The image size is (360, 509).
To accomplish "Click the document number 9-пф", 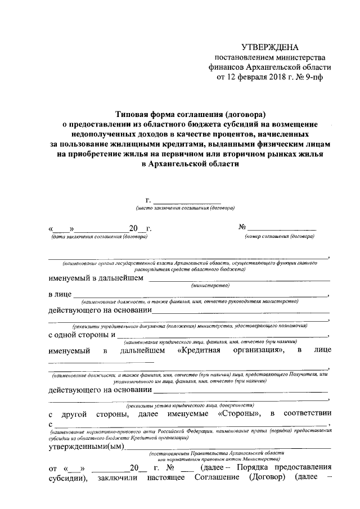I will click(x=313, y=77).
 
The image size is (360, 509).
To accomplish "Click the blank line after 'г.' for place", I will click(x=187, y=201).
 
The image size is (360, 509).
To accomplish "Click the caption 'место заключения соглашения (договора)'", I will click(x=181, y=209).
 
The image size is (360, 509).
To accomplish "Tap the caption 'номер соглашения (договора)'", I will click(x=279, y=237).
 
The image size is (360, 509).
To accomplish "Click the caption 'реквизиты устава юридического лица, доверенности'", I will click(x=191, y=404).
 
